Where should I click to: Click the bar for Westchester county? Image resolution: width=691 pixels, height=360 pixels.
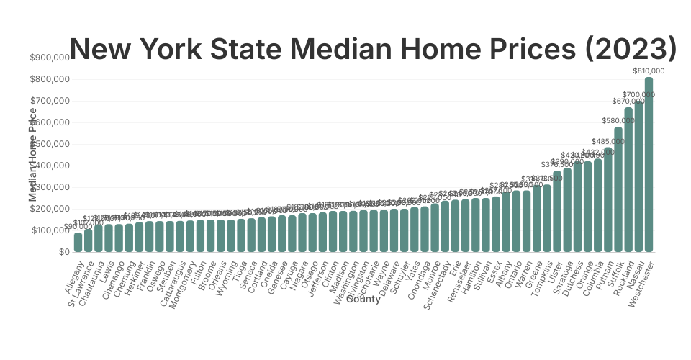click(x=649, y=165)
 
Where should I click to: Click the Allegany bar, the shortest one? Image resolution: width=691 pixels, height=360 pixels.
click(x=78, y=242)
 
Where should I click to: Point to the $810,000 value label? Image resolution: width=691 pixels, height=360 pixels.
click(x=649, y=71)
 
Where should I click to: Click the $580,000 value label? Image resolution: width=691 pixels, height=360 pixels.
click(x=618, y=121)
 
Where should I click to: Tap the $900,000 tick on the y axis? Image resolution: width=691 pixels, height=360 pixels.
click(x=49, y=58)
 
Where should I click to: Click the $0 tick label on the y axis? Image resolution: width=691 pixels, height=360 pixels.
click(x=63, y=252)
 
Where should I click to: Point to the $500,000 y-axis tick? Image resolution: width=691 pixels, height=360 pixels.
click(x=49, y=144)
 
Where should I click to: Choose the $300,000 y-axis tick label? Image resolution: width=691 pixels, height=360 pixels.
click(x=49, y=187)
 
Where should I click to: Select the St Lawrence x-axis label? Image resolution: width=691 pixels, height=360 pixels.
click(x=81, y=284)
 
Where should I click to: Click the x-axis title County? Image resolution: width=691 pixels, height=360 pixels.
click(x=363, y=300)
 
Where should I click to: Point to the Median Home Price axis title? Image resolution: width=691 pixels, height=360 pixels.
click(x=33, y=155)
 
